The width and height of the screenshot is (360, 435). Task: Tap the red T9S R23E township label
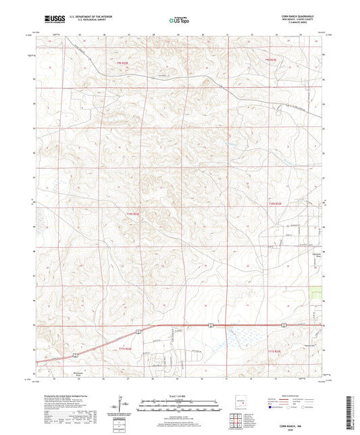pyautogui.click(x=271, y=61)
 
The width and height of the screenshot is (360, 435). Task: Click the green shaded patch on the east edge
pyautogui.click(x=316, y=295)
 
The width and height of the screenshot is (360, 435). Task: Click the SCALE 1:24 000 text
pyautogui.click(x=179, y=395)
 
